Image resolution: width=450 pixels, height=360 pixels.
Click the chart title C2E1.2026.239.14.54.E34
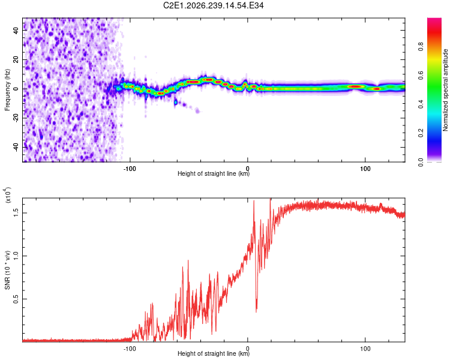click(x=213, y=5)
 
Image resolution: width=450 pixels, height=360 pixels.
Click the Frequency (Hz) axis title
click(x=7, y=90)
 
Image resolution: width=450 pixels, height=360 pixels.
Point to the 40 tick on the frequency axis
click(x=16, y=30)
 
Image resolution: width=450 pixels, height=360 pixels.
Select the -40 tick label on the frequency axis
click(x=16, y=148)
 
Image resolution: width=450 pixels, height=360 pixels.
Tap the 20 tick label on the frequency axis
click(x=16, y=59)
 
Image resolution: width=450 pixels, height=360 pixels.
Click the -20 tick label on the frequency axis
click(x=16, y=118)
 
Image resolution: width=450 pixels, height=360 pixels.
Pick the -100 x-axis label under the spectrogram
click(x=130, y=169)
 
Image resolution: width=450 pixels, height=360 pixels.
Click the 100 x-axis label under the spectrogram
click(x=365, y=169)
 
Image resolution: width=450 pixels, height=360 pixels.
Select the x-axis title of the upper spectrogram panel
click(x=214, y=173)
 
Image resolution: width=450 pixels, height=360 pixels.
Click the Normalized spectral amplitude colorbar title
click(x=445, y=90)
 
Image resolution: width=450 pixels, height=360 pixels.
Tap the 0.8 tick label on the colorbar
click(x=421, y=47)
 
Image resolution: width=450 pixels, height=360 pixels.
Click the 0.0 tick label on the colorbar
click(x=421, y=162)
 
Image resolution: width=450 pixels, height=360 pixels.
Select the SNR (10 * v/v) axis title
click(x=7, y=270)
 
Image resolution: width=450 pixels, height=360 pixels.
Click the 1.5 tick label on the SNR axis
click(x=16, y=213)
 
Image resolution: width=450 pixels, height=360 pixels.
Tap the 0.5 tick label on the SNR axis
click(x=16, y=299)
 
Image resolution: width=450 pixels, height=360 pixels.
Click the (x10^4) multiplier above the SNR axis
click(x=7, y=194)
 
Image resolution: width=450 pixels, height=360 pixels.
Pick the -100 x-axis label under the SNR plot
click(x=130, y=349)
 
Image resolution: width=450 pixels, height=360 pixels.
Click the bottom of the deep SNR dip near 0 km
click(x=256, y=311)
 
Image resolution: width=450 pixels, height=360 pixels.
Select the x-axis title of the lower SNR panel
click(x=214, y=353)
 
